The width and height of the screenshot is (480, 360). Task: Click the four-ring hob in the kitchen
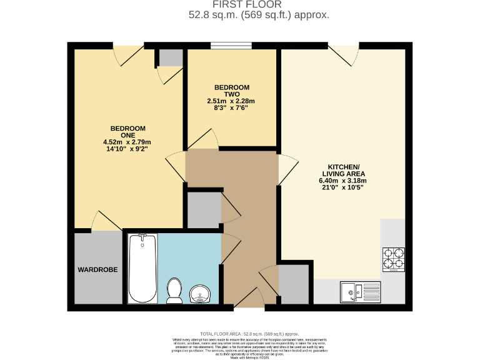click(394, 259)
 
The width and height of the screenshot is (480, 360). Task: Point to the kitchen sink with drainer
click(359, 291)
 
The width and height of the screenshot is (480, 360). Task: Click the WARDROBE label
click(98, 270)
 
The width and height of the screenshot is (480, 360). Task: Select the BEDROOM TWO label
click(232, 91)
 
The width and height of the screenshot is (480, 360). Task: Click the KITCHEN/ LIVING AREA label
click(343, 169)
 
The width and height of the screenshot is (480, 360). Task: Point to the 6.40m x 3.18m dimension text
click(343, 181)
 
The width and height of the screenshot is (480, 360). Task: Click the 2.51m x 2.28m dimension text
click(232, 101)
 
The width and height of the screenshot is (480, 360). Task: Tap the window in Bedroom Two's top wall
click(231, 45)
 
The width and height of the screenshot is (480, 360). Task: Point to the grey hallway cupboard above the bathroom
click(204, 210)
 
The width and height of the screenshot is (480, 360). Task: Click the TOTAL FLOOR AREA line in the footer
click(249, 334)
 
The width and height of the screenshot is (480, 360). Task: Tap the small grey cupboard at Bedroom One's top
click(169, 57)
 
